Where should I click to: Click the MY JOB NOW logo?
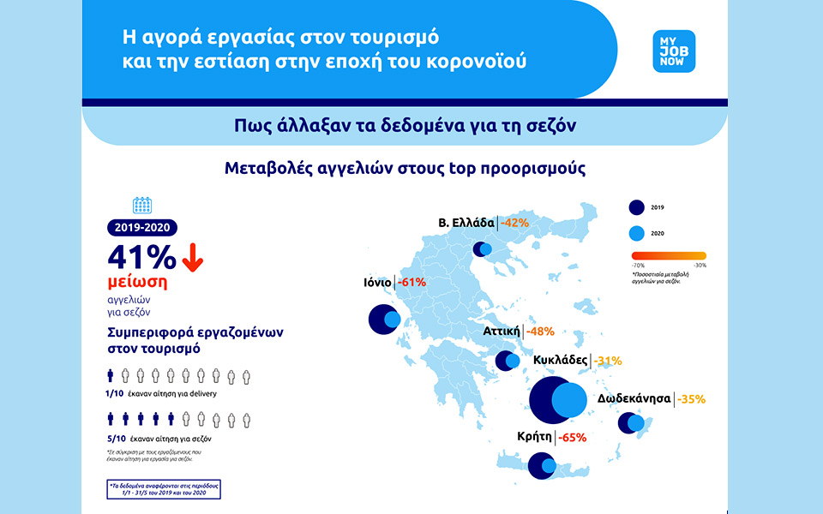(674, 51)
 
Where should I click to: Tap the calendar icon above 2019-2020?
(142, 205)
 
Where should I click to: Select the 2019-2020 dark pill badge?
(143, 228)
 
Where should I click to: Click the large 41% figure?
(141, 258)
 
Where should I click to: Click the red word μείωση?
(138, 284)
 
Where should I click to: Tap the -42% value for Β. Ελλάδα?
(514, 223)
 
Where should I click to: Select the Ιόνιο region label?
(377, 282)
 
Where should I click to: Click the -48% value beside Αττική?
(540, 331)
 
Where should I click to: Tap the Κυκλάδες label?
(561, 361)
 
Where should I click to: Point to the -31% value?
(608, 361)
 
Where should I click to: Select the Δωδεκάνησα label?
(634, 398)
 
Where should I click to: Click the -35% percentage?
(691, 398)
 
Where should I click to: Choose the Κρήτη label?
(533, 436)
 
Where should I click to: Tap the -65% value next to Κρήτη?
(572, 437)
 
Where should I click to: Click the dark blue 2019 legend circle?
(636, 207)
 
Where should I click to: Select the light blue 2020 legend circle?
(636, 233)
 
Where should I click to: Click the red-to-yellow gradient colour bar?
(669, 255)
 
